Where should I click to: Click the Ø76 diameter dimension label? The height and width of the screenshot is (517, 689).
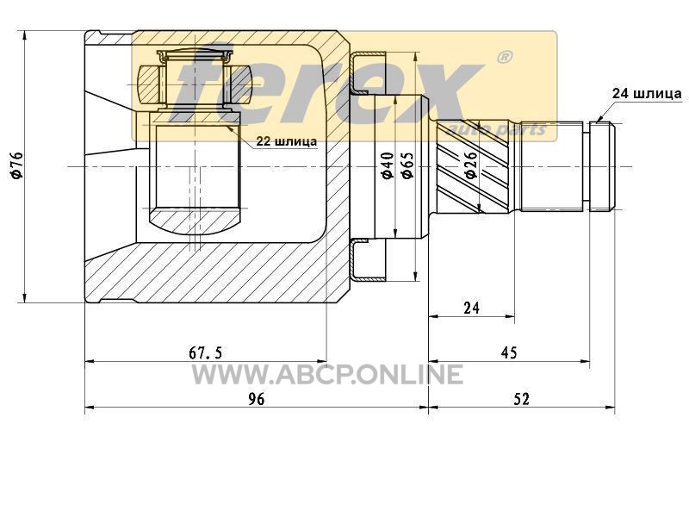(x=16, y=165)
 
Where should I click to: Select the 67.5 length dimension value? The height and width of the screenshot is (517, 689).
(x=206, y=352)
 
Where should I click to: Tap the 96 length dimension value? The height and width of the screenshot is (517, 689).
(x=257, y=399)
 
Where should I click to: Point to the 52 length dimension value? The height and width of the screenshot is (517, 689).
(x=521, y=399)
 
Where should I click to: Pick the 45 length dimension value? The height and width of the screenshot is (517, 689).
(x=509, y=352)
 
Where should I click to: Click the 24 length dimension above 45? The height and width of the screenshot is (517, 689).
(x=471, y=308)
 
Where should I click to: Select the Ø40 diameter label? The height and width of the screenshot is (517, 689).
(x=388, y=165)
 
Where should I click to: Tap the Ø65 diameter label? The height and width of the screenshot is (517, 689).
(x=407, y=165)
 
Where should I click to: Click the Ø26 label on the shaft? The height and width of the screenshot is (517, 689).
(x=470, y=165)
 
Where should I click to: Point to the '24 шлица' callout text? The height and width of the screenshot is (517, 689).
(x=648, y=93)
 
